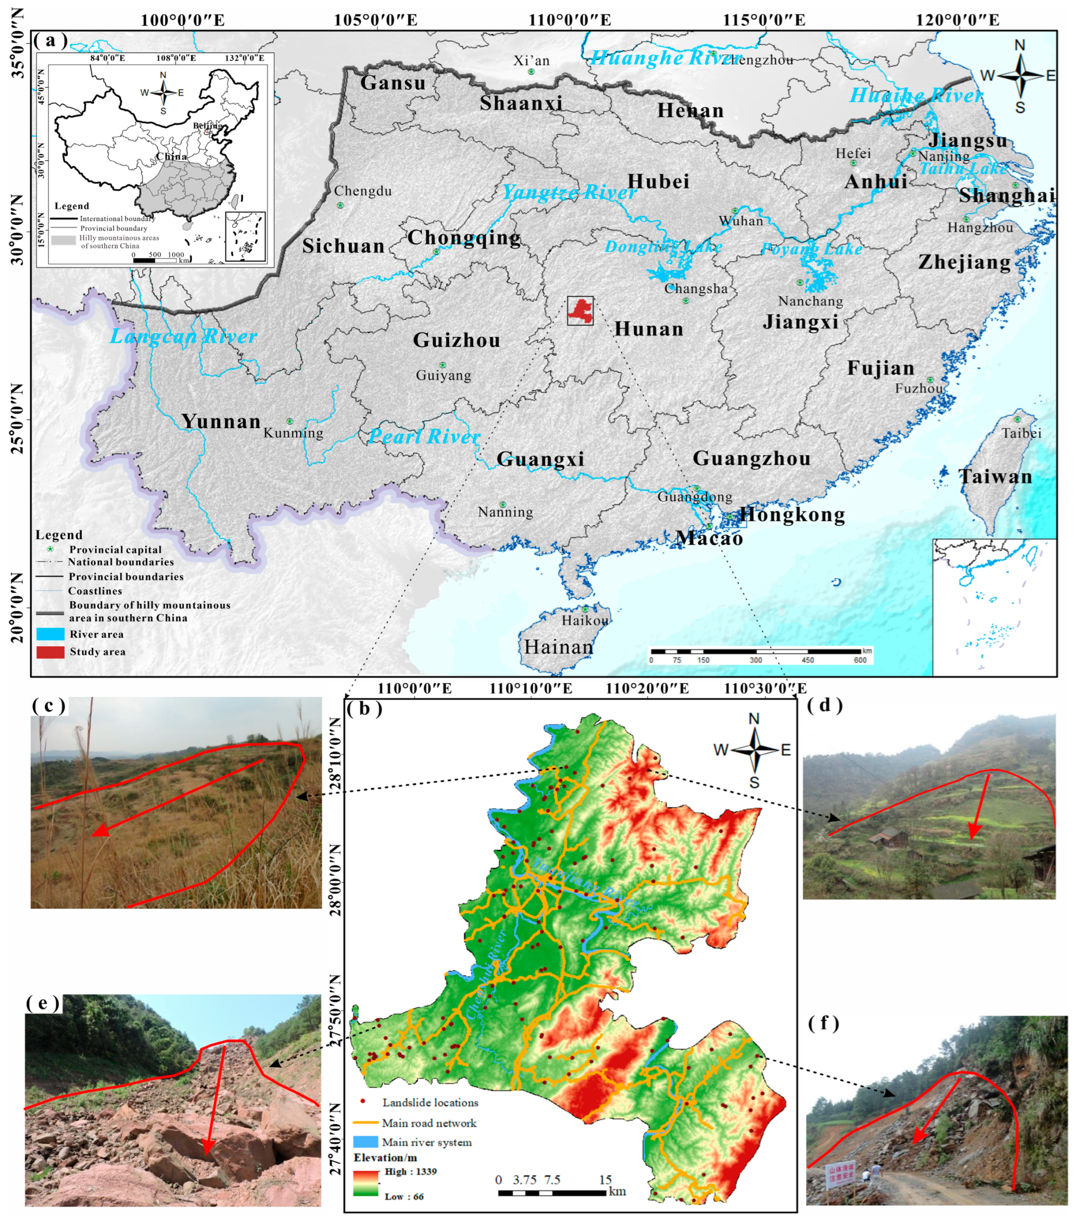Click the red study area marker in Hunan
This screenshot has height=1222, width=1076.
pos(580,310)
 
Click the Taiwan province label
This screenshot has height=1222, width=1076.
pos(995,476)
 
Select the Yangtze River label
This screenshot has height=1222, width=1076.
pos(569,192)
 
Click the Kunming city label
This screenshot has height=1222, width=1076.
pos(293,433)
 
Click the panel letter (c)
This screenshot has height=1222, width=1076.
pos(49,706)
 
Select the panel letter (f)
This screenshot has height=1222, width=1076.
pos(823,1024)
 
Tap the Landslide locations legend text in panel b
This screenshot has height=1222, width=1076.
pos(430,1102)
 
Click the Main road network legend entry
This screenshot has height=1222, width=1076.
pos(429,1123)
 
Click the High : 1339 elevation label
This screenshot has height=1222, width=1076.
pos(410,1171)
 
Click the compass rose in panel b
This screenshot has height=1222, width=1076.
pos(754,749)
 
